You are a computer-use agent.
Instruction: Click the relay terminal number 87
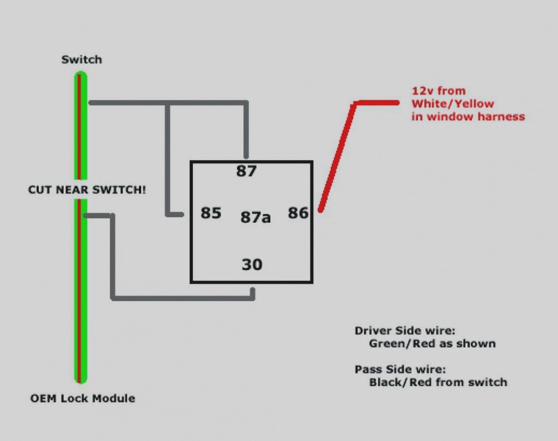pos(246,171)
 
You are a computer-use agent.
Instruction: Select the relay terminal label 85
pos(211,213)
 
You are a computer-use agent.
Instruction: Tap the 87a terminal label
pos(256,217)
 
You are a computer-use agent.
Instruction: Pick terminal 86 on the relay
pos(298,213)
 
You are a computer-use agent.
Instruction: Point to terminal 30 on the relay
pos(252,265)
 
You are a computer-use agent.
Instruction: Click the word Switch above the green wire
pos(81,60)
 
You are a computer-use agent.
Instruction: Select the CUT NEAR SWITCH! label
pos(87,190)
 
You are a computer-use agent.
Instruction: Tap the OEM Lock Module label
pos(83,399)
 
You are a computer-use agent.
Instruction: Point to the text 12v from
pos(439,91)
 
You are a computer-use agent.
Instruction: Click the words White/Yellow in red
pos(453,104)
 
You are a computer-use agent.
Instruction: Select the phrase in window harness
pos(468,116)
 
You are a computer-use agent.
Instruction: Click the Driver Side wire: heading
pos(405,331)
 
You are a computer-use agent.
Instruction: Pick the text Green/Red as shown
pos(432,344)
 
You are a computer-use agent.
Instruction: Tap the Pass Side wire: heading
pos(400,370)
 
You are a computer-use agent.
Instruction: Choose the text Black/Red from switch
pos(438,382)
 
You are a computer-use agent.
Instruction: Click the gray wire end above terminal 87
pos(246,157)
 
